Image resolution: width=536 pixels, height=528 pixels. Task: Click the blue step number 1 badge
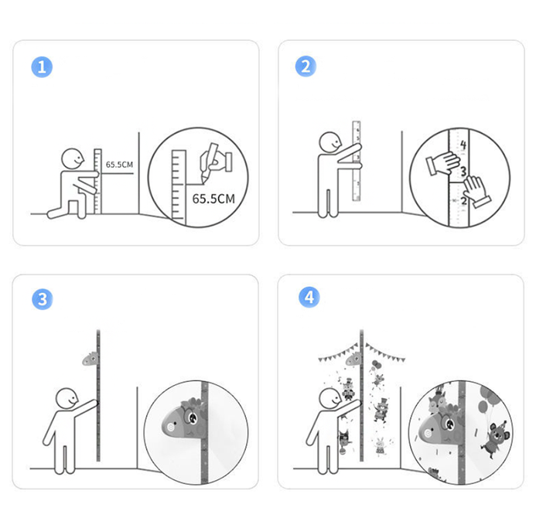click(42, 67)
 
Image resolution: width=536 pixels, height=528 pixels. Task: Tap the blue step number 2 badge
click(306, 66)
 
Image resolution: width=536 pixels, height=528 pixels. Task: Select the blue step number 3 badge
click(43, 299)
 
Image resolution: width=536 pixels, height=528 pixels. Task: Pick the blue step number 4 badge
click(309, 298)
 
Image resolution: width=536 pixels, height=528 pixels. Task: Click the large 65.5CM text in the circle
click(213, 199)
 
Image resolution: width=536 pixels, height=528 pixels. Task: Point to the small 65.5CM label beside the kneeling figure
click(119, 165)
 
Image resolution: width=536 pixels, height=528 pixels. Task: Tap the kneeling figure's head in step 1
click(73, 158)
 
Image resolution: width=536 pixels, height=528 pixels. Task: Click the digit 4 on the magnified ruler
click(463, 145)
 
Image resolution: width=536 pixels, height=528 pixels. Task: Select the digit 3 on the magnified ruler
click(463, 171)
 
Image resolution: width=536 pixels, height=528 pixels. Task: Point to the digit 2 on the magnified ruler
click(463, 201)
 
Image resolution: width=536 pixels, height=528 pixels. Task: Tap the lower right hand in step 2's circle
click(477, 192)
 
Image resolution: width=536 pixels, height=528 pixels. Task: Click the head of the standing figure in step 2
click(330, 142)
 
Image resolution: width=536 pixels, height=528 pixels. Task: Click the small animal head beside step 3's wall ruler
click(90, 359)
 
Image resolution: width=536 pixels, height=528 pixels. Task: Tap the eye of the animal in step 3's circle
click(193, 417)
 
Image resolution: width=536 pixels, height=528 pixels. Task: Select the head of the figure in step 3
click(67, 398)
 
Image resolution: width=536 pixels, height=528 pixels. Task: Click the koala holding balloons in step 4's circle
click(495, 440)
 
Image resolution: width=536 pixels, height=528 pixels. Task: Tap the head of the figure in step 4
click(330, 398)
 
